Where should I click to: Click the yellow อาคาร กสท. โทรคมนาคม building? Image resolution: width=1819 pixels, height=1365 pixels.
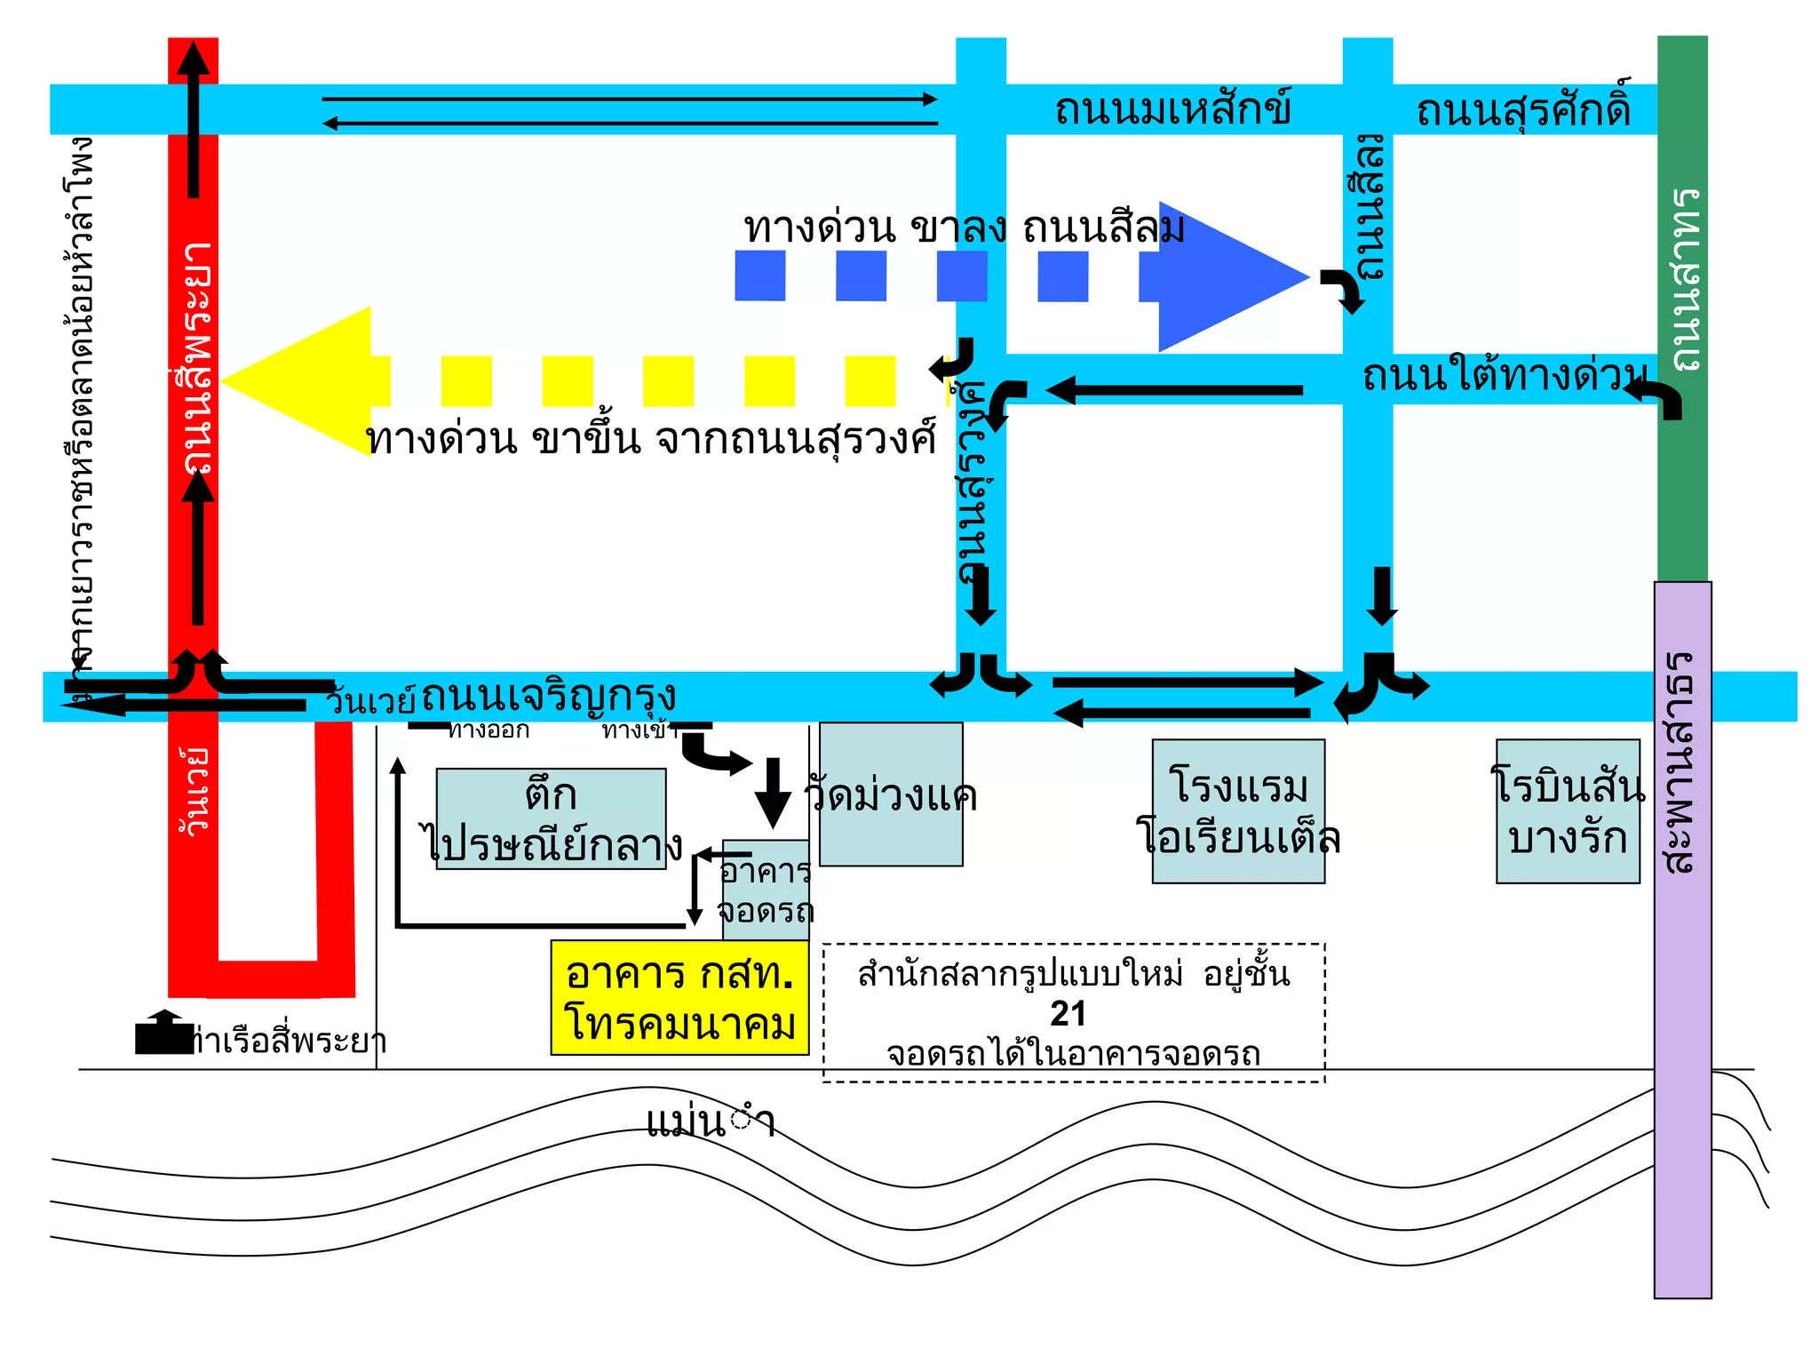tap(679, 997)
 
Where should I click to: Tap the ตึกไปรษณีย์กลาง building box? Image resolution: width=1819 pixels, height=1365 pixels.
tap(551, 818)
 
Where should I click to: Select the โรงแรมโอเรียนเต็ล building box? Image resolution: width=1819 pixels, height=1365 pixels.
tap(1238, 811)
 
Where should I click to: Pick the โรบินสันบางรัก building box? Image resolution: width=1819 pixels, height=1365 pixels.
tap(1568, 811)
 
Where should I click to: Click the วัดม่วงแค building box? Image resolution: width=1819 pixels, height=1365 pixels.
tap(891, 794)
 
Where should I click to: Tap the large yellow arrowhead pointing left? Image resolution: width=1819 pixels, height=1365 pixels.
tap(302, 381)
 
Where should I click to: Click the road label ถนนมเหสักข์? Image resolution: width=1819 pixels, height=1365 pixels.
tap(1172, 110)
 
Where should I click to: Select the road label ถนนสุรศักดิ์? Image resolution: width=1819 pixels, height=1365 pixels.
tap(1523, 110)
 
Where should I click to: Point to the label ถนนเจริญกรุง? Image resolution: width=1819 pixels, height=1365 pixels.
tap(548, 696)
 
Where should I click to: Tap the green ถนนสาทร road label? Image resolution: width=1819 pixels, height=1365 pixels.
tap(1684, 279)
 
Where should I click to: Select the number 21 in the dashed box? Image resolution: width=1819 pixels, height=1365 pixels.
tap(1068, 1014)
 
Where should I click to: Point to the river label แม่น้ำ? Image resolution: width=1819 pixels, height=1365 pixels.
tap(711, 1122)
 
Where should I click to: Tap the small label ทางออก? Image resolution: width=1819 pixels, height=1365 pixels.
tap(489, 730)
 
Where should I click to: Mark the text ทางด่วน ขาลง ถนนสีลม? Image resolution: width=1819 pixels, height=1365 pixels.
tap(964, 228)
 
